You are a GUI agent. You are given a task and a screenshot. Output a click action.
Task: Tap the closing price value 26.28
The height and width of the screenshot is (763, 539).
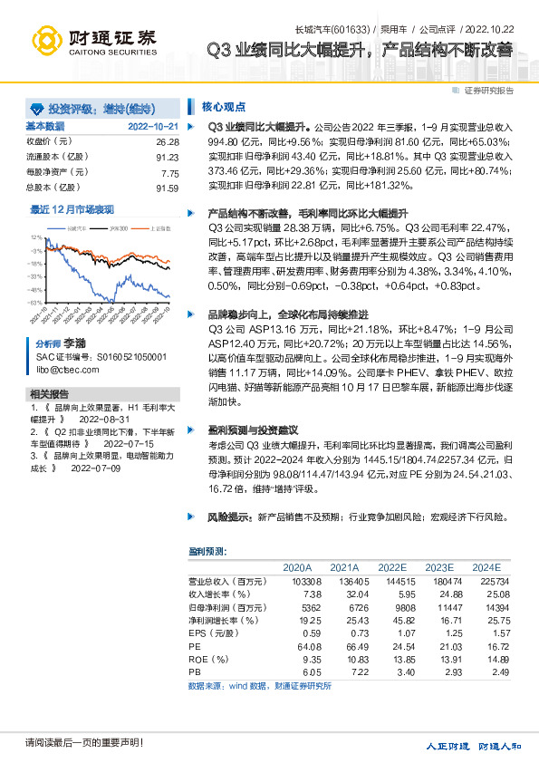pyautogui.click(x=168, y=142)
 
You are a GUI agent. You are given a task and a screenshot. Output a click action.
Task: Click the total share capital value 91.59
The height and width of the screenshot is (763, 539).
pyautogui.click(x=168, y=188)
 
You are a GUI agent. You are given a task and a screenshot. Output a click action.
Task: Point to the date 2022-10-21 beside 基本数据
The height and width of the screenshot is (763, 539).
pyautogui.click(x=152, y=127)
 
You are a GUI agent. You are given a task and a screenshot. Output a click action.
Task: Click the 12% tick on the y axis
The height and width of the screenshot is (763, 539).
pyautogui.click(x=35, y=237)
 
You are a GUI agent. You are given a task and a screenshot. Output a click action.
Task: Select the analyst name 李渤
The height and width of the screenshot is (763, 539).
pyautogui.click(x=74, y=345)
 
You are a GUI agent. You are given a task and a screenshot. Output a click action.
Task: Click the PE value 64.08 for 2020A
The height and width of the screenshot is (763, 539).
pyautogui.click(x=310, y=646)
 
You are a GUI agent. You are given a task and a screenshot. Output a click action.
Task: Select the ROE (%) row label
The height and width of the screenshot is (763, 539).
pyautogui.click(x=207, y=660)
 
